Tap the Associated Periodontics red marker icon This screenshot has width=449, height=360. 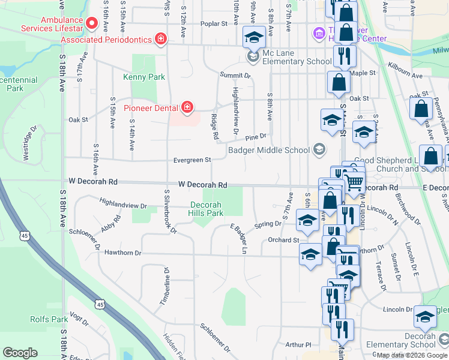click(x=160, y=40)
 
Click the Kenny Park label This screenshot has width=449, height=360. click(x=144, y=77)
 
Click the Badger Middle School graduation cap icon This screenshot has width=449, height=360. click(x=319, y=149)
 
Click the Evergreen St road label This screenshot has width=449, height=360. click(x=192, y=160)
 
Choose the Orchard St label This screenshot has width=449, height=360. click(x=283, y=240)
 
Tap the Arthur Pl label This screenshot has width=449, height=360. click(x=298, y=345)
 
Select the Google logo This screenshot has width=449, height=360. click(x=20, y=353)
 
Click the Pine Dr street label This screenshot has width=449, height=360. click(x=255, y=137)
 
